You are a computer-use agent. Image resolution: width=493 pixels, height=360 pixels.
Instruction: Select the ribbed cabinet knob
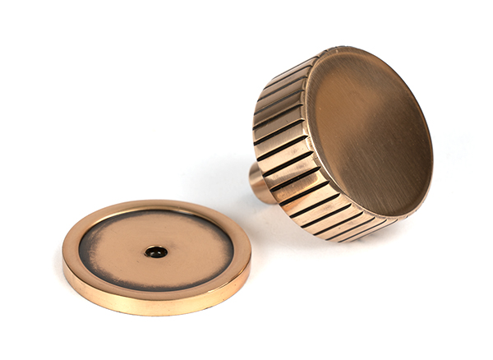click(345, 144)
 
